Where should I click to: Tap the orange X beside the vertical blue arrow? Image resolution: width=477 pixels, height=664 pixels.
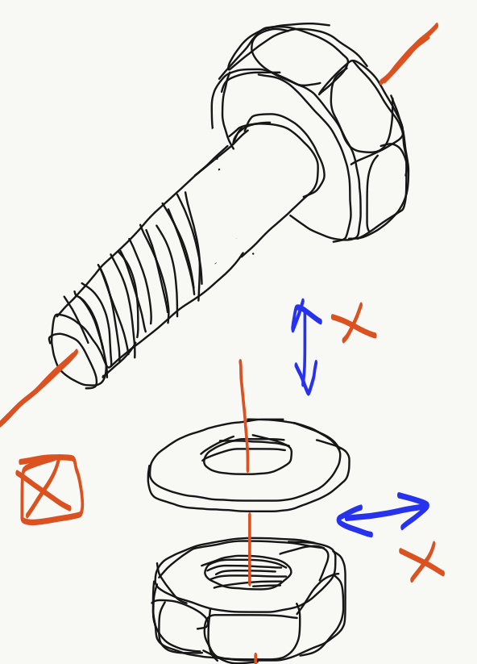pos(354,324)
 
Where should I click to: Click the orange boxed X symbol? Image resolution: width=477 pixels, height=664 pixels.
pos(50,490)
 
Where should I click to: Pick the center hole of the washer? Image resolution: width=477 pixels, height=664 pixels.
pos(247,459)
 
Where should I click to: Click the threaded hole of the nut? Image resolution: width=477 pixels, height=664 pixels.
pos(248,572)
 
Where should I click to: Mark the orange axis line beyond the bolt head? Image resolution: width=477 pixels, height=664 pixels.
pos(409,53)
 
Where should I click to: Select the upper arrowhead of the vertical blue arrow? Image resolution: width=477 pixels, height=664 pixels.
pos(302,315)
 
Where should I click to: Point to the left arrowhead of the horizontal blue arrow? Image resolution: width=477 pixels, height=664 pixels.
pos(350,520)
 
